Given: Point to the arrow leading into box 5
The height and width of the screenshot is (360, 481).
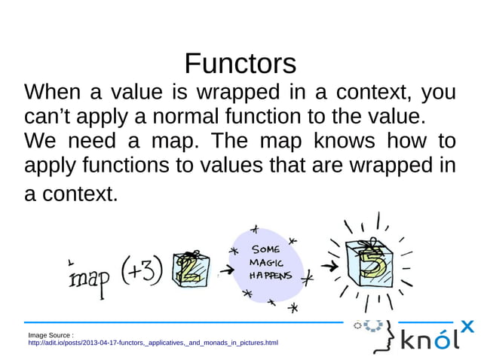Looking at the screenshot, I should [x=327, y=267].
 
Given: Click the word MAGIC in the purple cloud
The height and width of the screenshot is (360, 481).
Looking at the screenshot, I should [x=267, y=263].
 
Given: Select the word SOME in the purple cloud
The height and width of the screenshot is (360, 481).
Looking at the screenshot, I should [x=265, y=249].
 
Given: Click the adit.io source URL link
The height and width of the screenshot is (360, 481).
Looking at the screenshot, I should [x=152, y=343].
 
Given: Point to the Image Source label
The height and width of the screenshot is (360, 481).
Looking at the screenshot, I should [x=50, y=334].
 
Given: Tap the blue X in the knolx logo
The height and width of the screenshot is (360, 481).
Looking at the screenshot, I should [x=467, y=326].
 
